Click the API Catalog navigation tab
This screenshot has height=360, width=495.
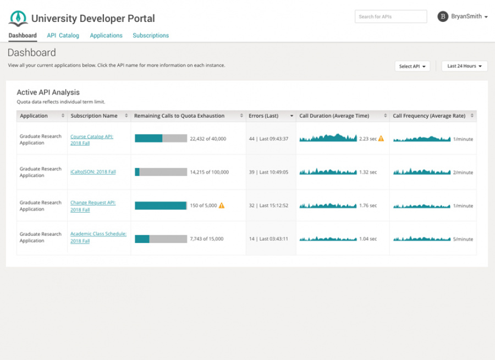pyautogui.click(x=63, y=36)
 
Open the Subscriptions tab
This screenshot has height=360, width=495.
pyautogui.click(x=151, y=36)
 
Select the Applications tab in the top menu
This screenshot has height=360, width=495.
pyautogui.click(x=106, y=36)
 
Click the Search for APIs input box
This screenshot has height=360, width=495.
pyautogui.click(x=391, y=17)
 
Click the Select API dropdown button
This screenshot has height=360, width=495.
pyautogui.click(x=412, y=67)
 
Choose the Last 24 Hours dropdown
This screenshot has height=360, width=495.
pyautogui.click(x=464, y=67)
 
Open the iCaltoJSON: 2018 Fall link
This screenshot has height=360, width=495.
pyautogui.click(x=93, y=172)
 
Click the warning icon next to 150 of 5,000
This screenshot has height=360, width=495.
pyautogui.click(x=222, y=206)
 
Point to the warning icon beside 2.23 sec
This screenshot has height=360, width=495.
pyautogui.click(x=381, y=139)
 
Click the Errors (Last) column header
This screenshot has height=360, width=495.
pyautogui.click(x=263, y=116)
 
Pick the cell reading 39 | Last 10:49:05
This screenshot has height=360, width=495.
pyautogui.click(x=268, y=172)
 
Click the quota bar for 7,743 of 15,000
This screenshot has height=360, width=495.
pyautogui.click(x=161, y=239)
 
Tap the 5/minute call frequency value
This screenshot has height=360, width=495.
pyautogui.click(x=463, y=240)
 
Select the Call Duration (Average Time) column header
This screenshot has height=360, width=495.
pyautogui.click(x=334, y=116)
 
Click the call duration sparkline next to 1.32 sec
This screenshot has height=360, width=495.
pyautogui.click(x=328, y=172)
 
